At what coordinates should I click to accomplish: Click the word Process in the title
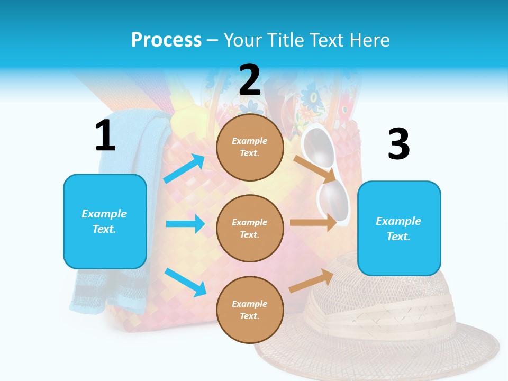(166, 40)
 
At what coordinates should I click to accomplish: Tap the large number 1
(105, 136)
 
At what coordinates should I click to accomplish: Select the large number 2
(250, 80)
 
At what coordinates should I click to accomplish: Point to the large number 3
(398, 144)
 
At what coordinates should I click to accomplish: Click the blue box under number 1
(105, 221)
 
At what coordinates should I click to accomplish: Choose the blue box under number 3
(399, 229)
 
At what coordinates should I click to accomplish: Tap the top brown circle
(250, 147)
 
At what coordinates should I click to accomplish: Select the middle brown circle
(250, 229)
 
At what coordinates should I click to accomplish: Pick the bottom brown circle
(250, 310)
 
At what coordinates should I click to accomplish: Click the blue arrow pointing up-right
(184, 169)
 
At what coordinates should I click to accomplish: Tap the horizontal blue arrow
(185, 224)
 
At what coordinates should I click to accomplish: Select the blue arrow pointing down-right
(185, 282)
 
